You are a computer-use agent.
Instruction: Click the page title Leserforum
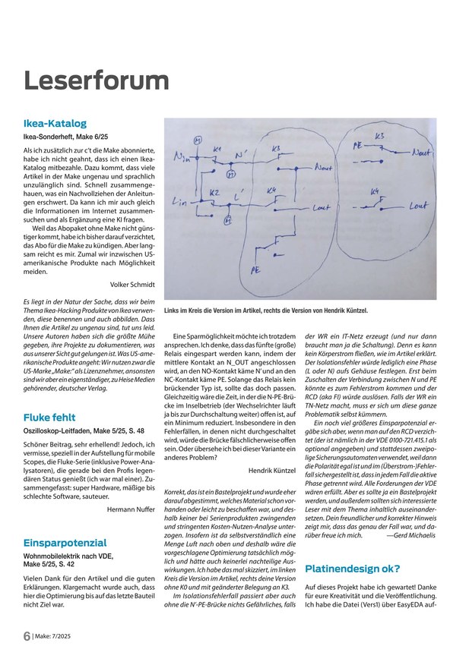click(97, 80)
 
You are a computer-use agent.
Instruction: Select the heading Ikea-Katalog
click(55, 123)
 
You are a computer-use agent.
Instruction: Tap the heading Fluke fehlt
click(49, 418)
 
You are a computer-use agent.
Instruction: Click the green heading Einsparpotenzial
click(65, 543)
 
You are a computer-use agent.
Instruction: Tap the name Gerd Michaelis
click(417, 535)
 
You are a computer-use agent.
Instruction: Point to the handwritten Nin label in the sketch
click(182, 158)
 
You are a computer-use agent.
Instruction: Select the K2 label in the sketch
click(215, 192)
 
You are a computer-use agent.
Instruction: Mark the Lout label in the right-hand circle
click(418, 205)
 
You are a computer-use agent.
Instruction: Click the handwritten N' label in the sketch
click(242, 156)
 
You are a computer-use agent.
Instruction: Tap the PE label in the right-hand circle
click(358, 143)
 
